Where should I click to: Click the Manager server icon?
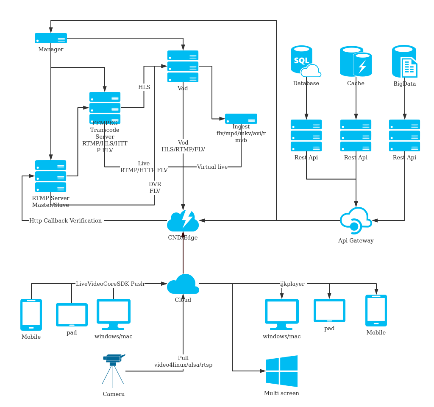click(51, 38)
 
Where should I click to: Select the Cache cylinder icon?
click(356, 61)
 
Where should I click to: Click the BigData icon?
click(405, 61)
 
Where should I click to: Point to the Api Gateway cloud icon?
click(356, 220)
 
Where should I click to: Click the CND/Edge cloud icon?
click(183, 220)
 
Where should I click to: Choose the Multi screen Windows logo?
click(281, 371)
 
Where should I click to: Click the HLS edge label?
click(144, 87)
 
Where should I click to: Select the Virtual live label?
click(212, 167)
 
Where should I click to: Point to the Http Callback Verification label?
click(66, 220)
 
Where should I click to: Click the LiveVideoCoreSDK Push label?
click(110, 284)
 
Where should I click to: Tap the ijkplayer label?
click(292, 284)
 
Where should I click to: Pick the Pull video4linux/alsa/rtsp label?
click(183, 362)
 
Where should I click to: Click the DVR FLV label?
click(155, 187)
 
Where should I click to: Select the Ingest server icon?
click(241, 119)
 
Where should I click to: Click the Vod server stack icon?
click(183, 67)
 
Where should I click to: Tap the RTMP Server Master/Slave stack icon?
click(50, 176)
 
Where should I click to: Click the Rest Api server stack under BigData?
click(404, 136)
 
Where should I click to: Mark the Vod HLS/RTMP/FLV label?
click(183, 146)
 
